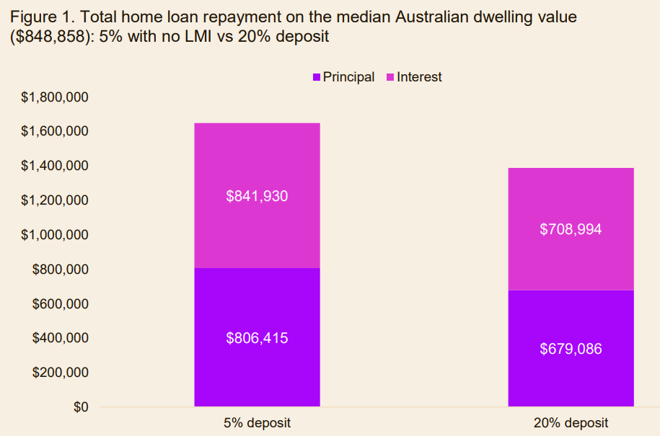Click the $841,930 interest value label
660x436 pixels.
tap(257, 195)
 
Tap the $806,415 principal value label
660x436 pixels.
tap(257, 337)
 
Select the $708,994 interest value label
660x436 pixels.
tap(571, 229)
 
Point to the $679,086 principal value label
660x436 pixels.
tap(571, 349)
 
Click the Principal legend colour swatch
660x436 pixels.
tap(316, 77)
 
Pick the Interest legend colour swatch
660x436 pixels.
tap(390, 77)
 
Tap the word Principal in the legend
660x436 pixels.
tap(348, 77)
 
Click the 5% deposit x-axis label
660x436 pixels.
tap(257, 423)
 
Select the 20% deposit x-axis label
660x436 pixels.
tap(571, 423)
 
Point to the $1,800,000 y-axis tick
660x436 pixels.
tap(56, 97)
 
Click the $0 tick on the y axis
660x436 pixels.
tap(79, 407)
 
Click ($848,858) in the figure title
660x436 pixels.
tap(51, 36)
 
